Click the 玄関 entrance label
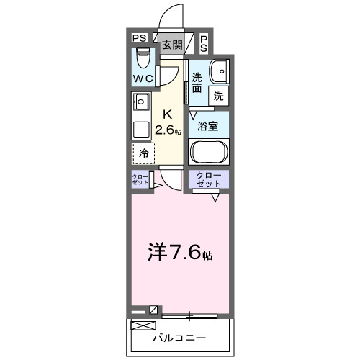pyautogui.click(x=171, y=45)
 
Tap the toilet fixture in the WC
pyautogui.click(x=142, y=56)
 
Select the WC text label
pyautogui.click(x=141, y=78)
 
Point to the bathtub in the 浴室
pyautogui.click(x=209, y=152)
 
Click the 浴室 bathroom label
pyautogui.click(x=209, y=125)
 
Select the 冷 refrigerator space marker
pyautogui.click(x=143, y=153)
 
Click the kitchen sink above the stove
pyautogui.click(x=141, y=101)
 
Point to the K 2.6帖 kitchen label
pyautogui.click(x=168, y=122)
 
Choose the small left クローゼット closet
pyautogui.click(x=140, y=180)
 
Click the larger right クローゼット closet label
pyautogui.click(x=209, y=180)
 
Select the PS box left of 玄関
pyautogui.click(x=139, y=38)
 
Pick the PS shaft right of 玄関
pyautogui.click(x=204, y=43)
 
